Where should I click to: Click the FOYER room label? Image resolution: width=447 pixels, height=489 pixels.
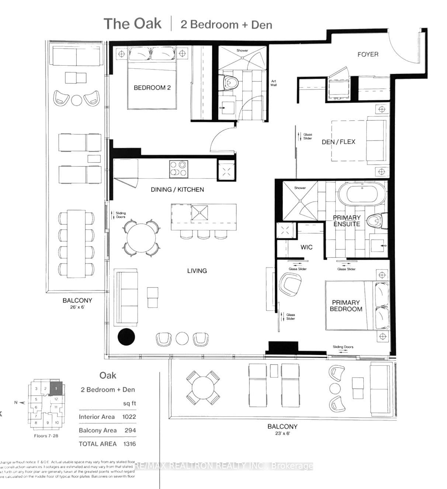click(x=368, y=54)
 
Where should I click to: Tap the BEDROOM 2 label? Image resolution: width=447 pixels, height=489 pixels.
click(x=152, y=88)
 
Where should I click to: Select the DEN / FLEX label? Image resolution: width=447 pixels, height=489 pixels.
click(x=338, y=142)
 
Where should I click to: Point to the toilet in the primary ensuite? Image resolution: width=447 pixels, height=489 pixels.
click(x=377, y=221)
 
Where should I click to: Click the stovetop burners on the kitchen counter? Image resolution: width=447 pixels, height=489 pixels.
click(x=178, y=169)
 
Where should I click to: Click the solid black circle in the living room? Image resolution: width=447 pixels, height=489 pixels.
click(x=127, y=336)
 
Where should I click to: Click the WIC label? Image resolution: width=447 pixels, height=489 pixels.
click(x=306, y=247)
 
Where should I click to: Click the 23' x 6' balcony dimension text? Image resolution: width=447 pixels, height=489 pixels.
click(x=282, y=433)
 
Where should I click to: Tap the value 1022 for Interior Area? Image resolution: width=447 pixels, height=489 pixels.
click(x=129, y=417)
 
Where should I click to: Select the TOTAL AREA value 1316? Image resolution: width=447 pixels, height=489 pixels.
click(x=129, y=444)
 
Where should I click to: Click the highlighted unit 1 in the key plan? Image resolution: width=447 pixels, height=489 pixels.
click(x=56, y=388)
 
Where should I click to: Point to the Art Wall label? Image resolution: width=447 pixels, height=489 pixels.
click(x=273, y=83)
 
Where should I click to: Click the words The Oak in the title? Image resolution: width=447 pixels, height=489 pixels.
click(x=132, y=24)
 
